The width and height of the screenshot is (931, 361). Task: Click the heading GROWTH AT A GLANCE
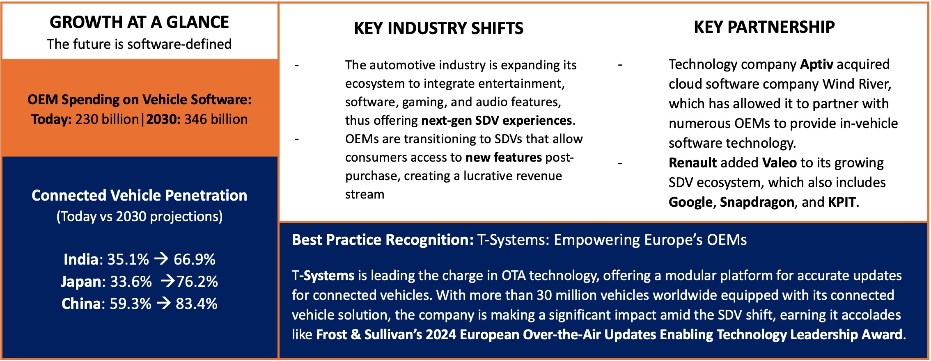[139, 22]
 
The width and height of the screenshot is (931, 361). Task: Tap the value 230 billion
[107, 119]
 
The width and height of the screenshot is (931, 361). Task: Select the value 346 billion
[216, 119]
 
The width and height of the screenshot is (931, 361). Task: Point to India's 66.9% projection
[195, 259]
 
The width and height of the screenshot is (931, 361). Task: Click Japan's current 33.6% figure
[131, 281]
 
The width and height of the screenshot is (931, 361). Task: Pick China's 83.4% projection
[197, 304]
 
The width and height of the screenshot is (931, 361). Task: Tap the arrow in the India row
[161, 259]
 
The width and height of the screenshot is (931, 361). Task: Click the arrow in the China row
[163, 303]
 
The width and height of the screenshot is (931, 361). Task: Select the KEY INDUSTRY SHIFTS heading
[438, 28]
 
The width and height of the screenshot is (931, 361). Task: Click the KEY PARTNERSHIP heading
[764, 27]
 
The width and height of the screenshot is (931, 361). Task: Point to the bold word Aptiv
[817, 64]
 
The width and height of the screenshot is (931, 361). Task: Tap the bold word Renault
[693, 163]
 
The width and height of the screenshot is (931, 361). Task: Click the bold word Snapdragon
[757, 202]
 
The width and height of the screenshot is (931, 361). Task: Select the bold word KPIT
[842, 202]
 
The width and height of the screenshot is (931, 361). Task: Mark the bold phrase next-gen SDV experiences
[497, 121]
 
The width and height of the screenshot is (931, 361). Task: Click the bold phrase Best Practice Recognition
[383, 240]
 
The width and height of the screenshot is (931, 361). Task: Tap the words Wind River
[856, 84]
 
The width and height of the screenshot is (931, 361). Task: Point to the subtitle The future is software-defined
[139, 44]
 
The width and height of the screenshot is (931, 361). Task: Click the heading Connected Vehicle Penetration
[139, 196]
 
